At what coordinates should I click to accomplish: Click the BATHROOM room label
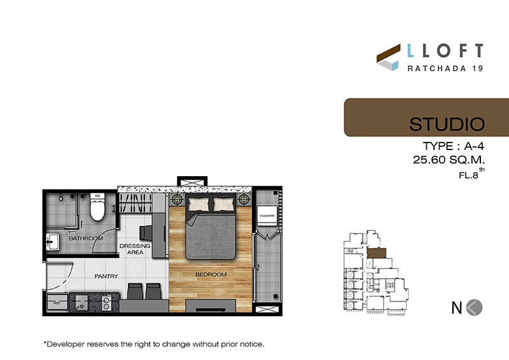(x=86, y=239)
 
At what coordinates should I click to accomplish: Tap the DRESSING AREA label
(x=135, y=249)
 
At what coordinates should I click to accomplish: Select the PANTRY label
(x=106, y=276)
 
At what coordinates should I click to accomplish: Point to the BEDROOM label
(x=211, y=275)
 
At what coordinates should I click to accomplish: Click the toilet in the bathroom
(x=97, y=207)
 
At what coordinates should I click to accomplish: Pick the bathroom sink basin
(x=53, y=242)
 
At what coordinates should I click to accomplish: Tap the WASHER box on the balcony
(x=267, y=216)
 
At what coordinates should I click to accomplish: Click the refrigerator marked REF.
(x=57, y=303)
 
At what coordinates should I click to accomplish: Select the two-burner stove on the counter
(x=106, y=303)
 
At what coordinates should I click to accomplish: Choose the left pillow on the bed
(x=199, y=204)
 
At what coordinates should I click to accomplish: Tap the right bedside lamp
(x=244, y=199)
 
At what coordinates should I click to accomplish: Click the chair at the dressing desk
(x=146, y=233)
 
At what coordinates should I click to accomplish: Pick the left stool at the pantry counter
(x=135, y=291)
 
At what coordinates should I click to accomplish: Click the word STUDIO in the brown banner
(x=447, y=124)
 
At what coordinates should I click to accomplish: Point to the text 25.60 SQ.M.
(x=449, y=160)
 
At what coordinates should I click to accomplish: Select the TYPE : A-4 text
(x=453, y=146)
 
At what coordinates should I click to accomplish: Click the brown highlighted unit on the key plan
(x=377, y=253)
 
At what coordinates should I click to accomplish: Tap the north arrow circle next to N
(x=474, y=307)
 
